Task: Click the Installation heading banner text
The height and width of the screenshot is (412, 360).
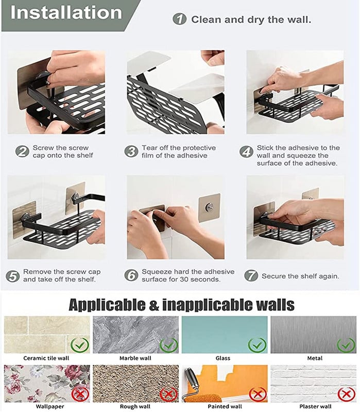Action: coord(66,12)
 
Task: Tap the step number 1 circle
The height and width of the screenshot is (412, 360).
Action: coord(179,19)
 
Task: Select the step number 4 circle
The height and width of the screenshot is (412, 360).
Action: coord(246,152)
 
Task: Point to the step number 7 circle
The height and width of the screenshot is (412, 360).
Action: coord(251,276)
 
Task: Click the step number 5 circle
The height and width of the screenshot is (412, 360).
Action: coord(12,276)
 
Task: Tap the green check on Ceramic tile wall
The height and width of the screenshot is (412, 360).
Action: coord(80,345)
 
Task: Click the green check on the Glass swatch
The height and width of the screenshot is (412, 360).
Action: coord(258,345)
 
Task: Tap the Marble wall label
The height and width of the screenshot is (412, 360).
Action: coord(135,358)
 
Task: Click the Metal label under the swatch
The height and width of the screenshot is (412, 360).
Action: coord(315,358)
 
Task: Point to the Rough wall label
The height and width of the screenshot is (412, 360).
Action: coord(135,406)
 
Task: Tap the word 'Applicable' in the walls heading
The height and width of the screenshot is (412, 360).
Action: coord(107,305)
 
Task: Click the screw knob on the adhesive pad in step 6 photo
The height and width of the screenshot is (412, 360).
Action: coord(209,207)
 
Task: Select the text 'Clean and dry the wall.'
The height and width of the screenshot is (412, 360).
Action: coord(251,20)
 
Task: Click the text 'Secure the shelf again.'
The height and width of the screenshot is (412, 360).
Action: coord(300,276)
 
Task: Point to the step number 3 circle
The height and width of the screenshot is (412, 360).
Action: coord(131,152)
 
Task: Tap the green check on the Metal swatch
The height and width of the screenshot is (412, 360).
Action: coord(346,345)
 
